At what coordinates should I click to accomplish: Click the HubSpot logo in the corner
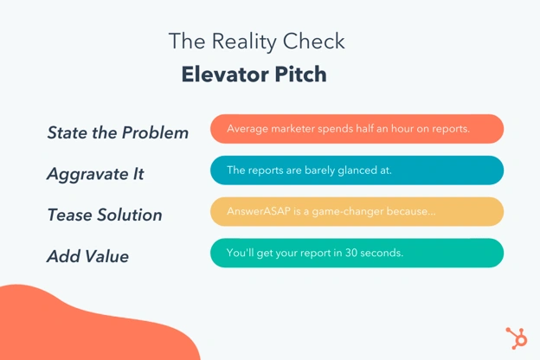click(516, 337)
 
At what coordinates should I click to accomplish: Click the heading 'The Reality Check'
click(256, 41)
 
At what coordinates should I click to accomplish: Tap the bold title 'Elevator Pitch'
click(254, 74)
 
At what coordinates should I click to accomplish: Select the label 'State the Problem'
click(118, 132)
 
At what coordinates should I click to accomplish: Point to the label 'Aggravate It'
click(95, 174)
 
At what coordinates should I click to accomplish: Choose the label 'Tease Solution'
click(105, 215)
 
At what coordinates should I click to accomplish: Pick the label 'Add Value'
click(87, 256)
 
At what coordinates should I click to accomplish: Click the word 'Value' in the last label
click(106, 256)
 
